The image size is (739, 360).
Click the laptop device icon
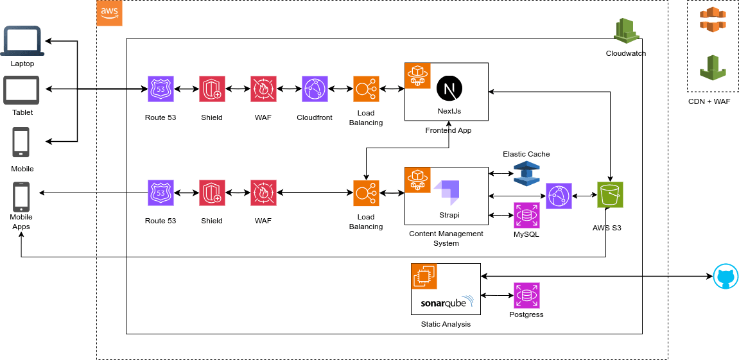click(x=22, y=42)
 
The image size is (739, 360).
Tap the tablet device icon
click(x=21, y=90)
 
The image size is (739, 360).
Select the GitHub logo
click(x=726, y=277)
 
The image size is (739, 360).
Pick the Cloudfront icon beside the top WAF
click(x=315, y=89)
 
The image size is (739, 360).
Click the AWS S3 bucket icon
click(x=610, y=195)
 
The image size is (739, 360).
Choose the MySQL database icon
click(x=526, y=216)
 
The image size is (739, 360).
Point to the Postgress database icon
click(x=526, y=296)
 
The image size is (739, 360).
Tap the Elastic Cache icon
click(x=526, y=173)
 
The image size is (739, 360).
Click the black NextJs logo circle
click(x=449, y=88)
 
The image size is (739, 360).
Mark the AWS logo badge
click(x=109, y=13)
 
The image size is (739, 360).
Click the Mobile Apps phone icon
click(x=21, y=197)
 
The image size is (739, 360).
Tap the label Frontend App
click(x=448, y=130)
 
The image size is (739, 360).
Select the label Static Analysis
click(x=446, y=324)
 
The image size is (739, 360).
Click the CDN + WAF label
click(x=709, y=101)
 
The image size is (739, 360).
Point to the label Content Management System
click(x=446, y=238)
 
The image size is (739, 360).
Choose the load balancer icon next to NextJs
click(x=366, y=89)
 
